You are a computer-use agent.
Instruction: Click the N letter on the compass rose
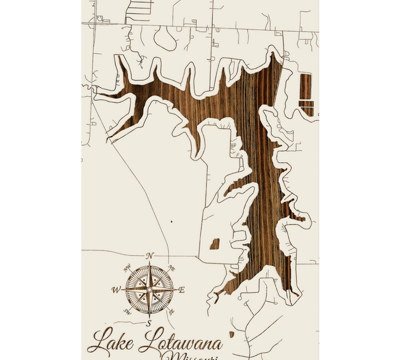(x=150, y=255)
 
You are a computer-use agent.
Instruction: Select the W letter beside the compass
(x=116, y=290)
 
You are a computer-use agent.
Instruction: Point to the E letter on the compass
(x=182, y=290)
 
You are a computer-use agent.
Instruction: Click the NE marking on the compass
(x=171, y=268)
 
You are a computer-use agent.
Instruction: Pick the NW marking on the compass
(x=128, y=267)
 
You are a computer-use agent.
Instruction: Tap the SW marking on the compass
(x=128, y=311)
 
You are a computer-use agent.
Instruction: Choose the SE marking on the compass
(x=171, y=312)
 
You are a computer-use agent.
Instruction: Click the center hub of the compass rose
(x=149, y=289)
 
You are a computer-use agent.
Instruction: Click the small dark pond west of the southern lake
(x=215, y=244)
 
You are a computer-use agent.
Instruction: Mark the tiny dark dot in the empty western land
(x=171, y=222)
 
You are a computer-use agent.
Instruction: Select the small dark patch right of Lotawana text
(x=231, y=334)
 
